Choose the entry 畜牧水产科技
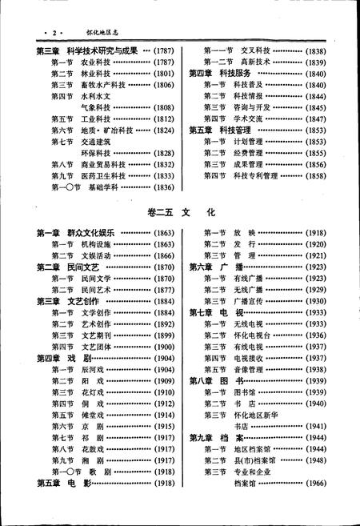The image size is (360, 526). (106, 84)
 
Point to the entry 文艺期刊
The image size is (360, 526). (94, 335)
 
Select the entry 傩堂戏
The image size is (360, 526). (92, 416)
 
